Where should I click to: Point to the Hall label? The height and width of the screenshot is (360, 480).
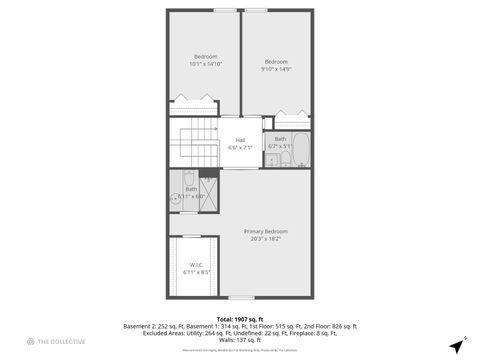click(x=240, y=140)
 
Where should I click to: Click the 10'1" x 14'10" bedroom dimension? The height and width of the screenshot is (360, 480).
click(x=206, y=63)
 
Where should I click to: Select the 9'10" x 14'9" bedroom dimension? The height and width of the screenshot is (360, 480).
click(x=276, y=69)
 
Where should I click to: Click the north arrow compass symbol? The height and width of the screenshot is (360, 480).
click(x=456, y=346)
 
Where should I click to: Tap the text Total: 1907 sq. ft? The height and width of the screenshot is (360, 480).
click(x=240, y=319)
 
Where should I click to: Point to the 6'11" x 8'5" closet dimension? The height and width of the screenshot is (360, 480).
click(x=196, y=272)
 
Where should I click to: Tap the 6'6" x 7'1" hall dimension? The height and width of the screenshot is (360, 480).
click(x=240, y=147)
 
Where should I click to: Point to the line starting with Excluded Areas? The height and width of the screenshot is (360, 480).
click(x=240, y=333)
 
